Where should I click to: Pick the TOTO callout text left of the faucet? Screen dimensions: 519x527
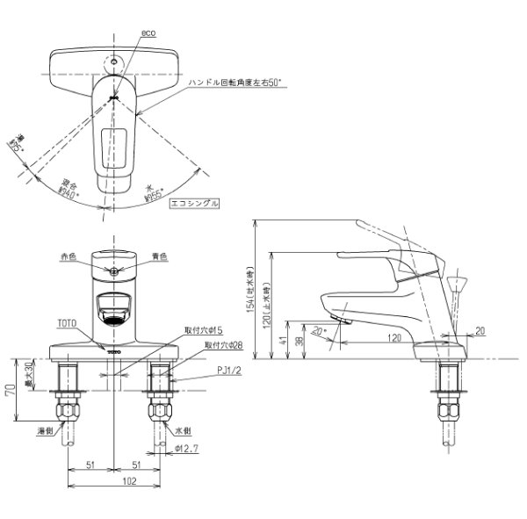pos(69,322)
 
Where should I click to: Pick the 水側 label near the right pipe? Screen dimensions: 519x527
pos(184,432)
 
